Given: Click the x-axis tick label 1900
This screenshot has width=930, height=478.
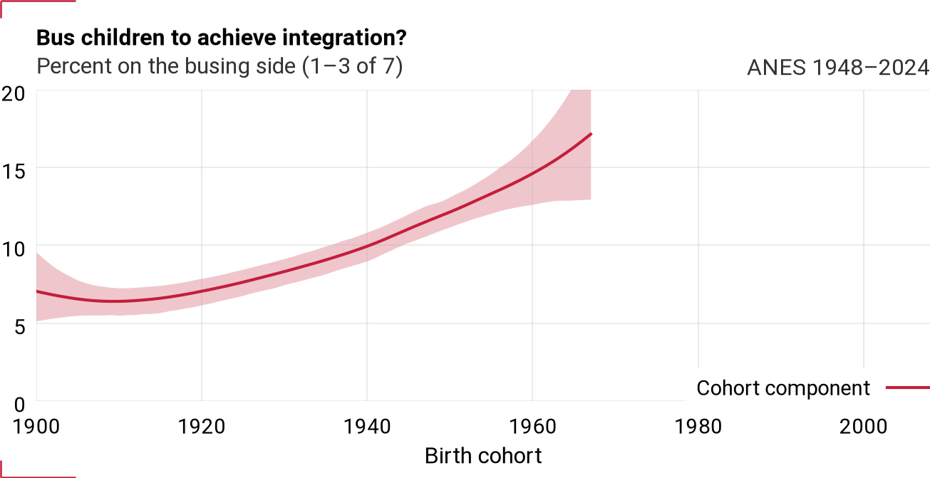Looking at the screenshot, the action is click(36, 427).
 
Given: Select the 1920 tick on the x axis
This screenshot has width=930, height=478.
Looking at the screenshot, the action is click(202, 427).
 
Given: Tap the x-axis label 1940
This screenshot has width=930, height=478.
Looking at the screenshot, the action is click(367, 427).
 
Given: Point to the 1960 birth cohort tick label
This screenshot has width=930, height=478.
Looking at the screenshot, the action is click(532, 427).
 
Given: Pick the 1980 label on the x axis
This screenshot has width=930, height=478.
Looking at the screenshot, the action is click(698, 427).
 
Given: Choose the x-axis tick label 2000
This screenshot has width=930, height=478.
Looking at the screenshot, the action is click(863, 427).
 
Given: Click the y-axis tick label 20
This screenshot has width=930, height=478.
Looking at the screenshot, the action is click(14, 94).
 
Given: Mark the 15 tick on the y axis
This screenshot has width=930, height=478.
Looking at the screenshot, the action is click(14, 172).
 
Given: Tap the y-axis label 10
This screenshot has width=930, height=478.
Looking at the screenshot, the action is click(14, 249).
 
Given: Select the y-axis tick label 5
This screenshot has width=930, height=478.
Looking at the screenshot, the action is click(19, 327).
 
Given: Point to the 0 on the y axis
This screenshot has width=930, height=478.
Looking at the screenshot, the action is click(19, 405).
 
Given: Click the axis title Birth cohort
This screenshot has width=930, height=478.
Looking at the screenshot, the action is click(483, 456).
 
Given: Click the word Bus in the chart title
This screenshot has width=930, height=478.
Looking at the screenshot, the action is click(56, 38).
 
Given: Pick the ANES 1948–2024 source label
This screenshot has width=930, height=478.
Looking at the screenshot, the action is click(838, 67).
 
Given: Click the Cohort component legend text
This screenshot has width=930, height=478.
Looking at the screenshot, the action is click(783, 388).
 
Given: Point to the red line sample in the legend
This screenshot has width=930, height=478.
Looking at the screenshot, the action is click(908, 388).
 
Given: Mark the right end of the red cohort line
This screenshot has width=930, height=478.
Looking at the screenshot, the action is click(591, 134).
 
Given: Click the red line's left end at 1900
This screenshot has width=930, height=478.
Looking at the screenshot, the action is click(37, 291).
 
